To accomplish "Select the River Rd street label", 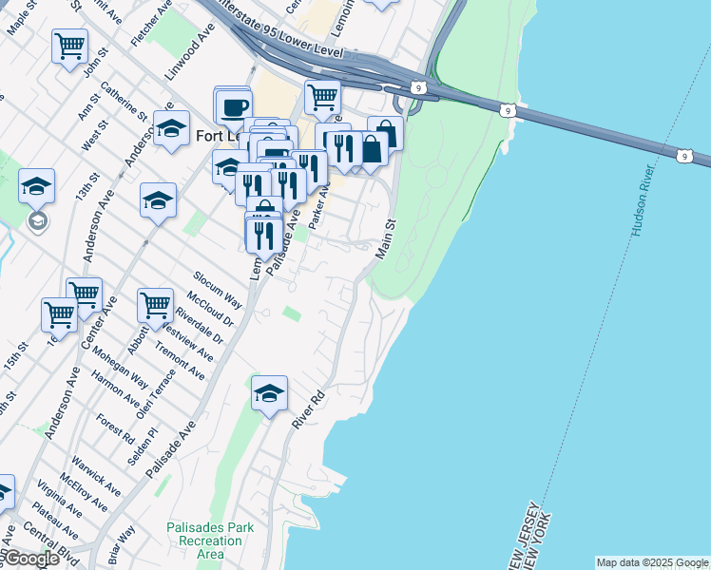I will pos(310,408).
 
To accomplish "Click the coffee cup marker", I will pos(234,105).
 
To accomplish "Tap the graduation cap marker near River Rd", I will pos(269,393).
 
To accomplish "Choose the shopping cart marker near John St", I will pos(69,46).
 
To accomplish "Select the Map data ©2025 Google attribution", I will pos(652,562).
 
